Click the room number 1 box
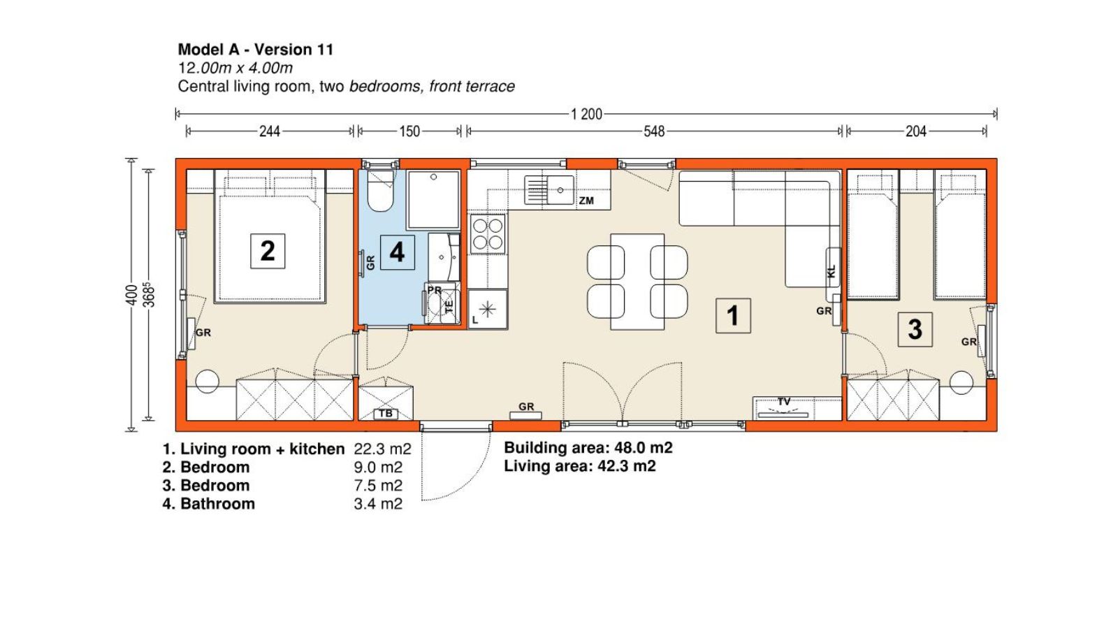(733, 315)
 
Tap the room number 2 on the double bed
(268, 251)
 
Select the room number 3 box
(915, 329)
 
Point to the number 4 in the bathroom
(398, 252)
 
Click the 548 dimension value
(654, 132)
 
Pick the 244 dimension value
(270, 132)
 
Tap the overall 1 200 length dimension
(586, 115)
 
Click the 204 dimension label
(916, 132)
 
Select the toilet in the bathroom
(380, 191)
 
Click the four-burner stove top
(488, 234)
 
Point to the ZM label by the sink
(586, 201)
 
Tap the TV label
(784, 401)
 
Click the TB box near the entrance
(386, 414)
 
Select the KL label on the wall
(831, 272)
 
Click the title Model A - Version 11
(256, 50)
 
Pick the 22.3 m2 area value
(383, 449)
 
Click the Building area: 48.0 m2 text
(588, 448)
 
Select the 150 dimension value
(409, 132)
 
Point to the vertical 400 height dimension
(131, 294)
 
